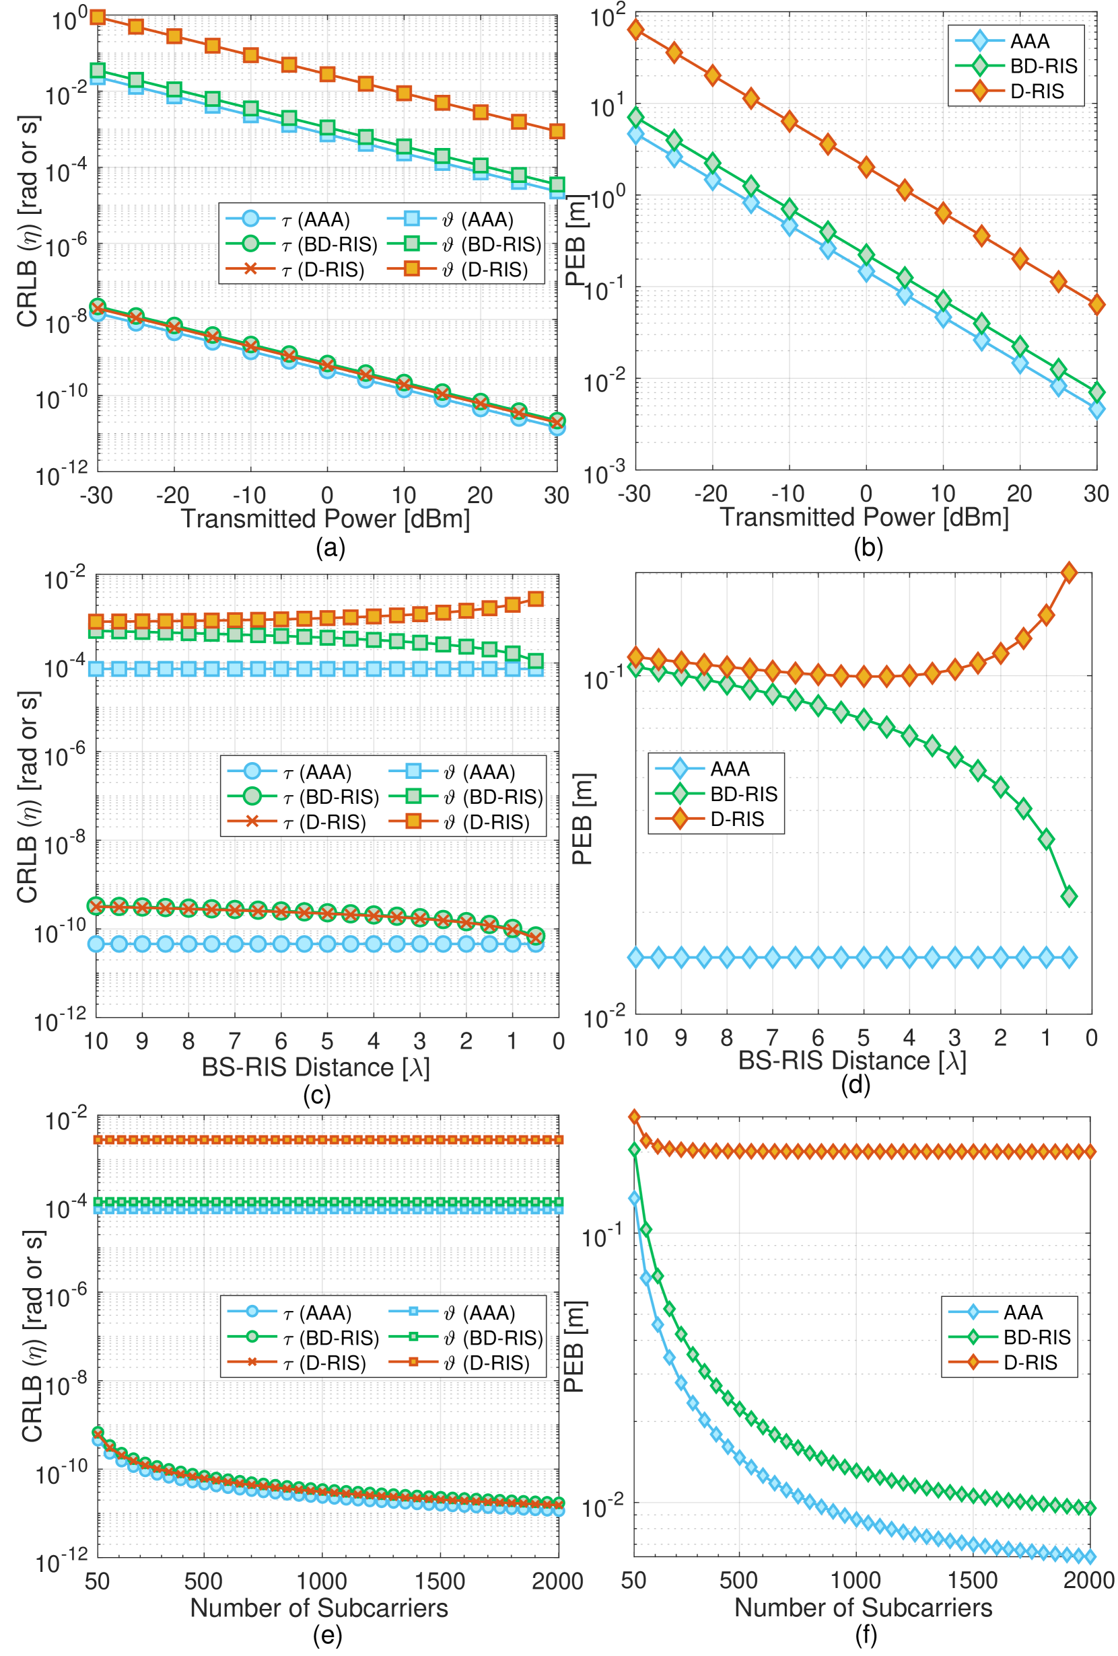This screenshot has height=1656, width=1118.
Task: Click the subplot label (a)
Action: (330, 548)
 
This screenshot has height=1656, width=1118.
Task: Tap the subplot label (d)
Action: (855, 1084)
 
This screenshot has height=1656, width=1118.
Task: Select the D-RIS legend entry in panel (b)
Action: (1037, 91)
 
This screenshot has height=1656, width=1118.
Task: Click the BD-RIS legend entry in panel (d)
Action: (744, 794)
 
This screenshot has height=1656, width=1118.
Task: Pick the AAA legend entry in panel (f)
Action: (1022, 1312)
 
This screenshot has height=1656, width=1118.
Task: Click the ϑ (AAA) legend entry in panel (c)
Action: (479, 772)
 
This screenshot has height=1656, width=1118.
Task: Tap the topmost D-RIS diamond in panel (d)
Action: (1069, 572)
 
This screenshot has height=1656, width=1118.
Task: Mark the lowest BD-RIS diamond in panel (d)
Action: (1069, 897)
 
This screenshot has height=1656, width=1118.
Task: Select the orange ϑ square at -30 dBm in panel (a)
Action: (98, 16)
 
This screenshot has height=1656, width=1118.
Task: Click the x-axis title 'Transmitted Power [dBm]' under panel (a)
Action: (326, 519)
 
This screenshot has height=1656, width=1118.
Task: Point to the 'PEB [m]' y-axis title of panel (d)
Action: (582, 819)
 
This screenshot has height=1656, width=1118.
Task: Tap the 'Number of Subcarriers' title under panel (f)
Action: (863, 1608)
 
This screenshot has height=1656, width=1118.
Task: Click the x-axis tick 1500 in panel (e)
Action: (440, 1581)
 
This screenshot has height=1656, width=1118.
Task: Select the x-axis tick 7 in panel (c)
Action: (235, 1041)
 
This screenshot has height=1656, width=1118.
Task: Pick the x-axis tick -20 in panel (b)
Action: (711, 493)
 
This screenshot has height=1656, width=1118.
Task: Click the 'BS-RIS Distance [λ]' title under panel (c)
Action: (316, 1067)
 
